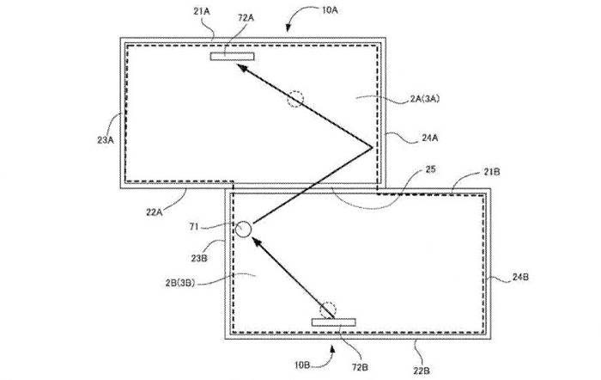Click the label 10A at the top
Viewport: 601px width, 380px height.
point(329,10)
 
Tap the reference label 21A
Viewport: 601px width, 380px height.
point(202,11)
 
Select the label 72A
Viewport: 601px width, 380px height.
point(246,18)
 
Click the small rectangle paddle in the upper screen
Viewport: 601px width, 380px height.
point(233,57)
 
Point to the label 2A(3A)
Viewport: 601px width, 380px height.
point(425,99)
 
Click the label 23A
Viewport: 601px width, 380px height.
point(106,140)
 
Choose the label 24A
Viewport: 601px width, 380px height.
point(429,138)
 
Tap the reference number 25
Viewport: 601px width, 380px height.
point(430,169)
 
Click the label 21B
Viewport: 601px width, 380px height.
point(492,172)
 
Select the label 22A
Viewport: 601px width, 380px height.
point(154,211)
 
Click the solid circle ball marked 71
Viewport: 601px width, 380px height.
point(243,230)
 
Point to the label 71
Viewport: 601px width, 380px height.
point(194,227)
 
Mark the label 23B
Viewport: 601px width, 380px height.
point(199,258)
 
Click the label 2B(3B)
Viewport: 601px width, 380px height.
point(180,283)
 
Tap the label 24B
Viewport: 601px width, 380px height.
point(520,277)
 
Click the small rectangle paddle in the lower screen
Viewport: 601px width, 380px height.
point(333,322)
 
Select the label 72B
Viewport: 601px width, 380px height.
point(360,367)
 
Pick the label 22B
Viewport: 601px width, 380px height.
point(422,371)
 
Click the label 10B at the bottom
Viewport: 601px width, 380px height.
point(302,365)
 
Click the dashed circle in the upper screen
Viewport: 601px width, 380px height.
point(295,99)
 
